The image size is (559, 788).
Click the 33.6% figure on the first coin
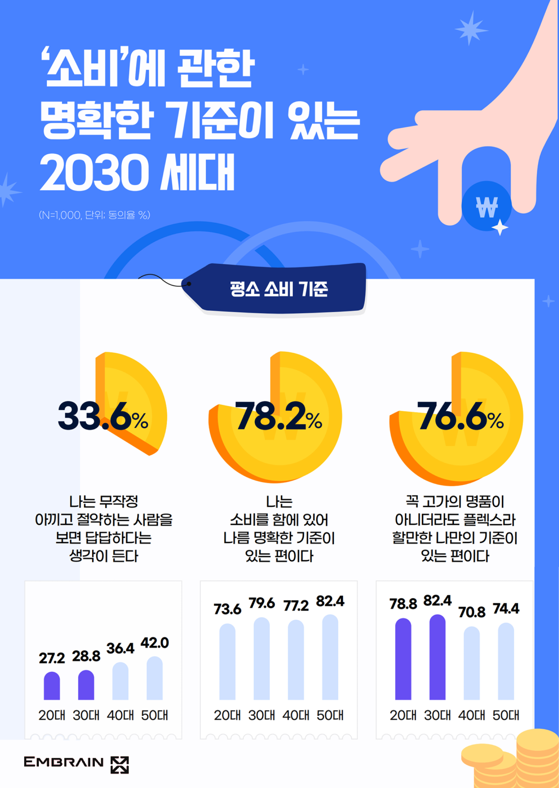[103, 416]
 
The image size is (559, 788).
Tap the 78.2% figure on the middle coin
[278, 416]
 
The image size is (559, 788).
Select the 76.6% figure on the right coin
[460, 416]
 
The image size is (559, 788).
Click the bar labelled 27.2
[52, 686]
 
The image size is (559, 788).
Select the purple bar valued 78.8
[403, 659]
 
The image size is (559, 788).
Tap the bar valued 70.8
[471, 663]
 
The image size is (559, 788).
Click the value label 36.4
[120, 648]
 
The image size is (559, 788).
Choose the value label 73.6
[228, 609]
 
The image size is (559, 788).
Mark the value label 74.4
[506, 609]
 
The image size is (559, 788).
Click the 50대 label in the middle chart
[330, 715]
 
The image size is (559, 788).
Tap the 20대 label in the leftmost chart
[52, 715]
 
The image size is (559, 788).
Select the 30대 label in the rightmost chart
[437, 715]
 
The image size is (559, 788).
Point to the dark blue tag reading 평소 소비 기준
[279, 289]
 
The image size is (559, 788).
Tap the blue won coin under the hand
[486, 206]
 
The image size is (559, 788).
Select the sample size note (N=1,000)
[95, 215]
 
